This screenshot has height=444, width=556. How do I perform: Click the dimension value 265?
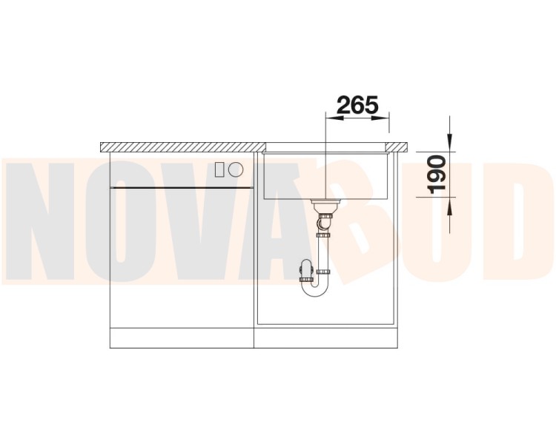pos(357,104)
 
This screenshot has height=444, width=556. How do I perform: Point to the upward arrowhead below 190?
pos(450,206)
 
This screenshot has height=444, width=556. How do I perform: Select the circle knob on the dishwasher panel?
pos(236,169)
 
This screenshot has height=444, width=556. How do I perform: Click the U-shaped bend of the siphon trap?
pos(316,290)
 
